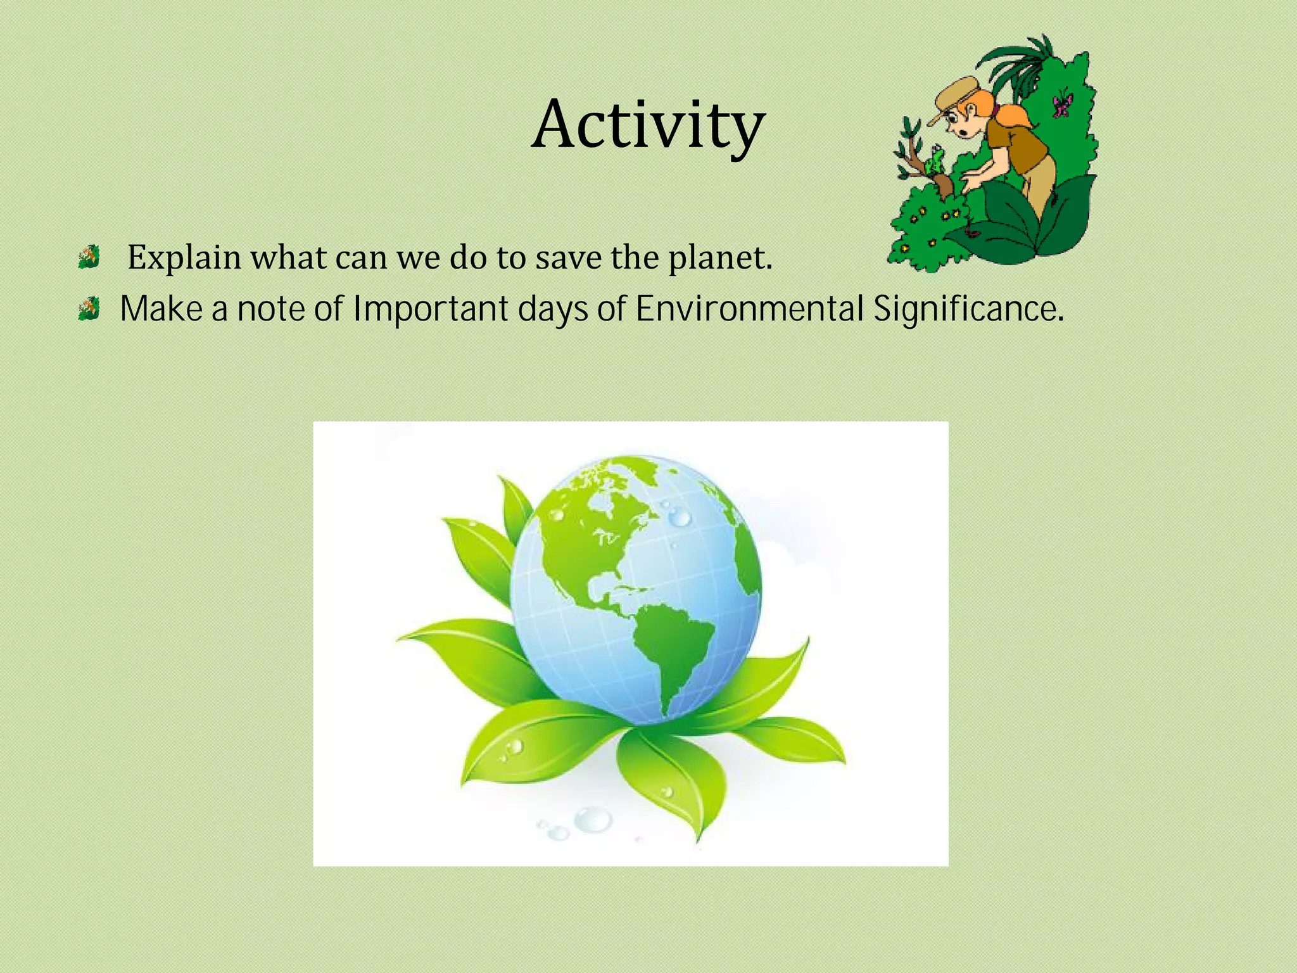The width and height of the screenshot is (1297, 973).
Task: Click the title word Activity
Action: tap(648, 125)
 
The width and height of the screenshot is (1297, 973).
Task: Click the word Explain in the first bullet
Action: tap(184, 258)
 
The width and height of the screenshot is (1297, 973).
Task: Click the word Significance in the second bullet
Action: tap(968, 309)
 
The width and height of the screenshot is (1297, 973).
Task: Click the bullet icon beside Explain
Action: tap(89, 257)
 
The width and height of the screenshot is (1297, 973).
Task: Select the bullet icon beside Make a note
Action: tap(89, 309)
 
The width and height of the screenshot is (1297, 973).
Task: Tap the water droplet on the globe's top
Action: tap(679, 518)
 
